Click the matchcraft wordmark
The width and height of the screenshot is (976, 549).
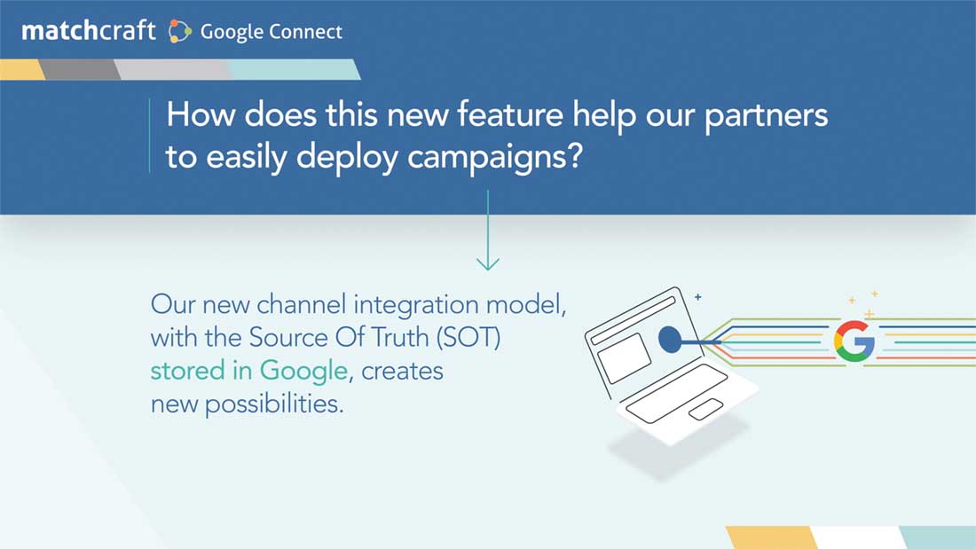point(89,30)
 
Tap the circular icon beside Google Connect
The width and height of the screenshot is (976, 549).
point(179,32)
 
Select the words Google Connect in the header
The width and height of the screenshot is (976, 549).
point(272,32)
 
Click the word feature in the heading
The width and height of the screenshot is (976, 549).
point(510,114)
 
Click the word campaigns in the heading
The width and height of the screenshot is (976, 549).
point(486,158)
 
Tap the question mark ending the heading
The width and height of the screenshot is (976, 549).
point(575,154)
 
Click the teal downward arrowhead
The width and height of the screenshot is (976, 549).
point(488,264)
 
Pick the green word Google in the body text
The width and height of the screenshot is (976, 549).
point(303,372)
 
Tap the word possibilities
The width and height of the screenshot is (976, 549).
point(274,404)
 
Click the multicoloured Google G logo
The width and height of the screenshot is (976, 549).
point(854,341)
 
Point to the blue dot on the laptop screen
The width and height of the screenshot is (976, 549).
point(669,339)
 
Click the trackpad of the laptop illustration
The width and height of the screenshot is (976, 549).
point(706,410)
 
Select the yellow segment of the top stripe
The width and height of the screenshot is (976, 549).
point(22,69)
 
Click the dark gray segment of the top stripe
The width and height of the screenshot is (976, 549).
point(80,69)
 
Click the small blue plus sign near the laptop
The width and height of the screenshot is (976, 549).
point(697,297)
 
